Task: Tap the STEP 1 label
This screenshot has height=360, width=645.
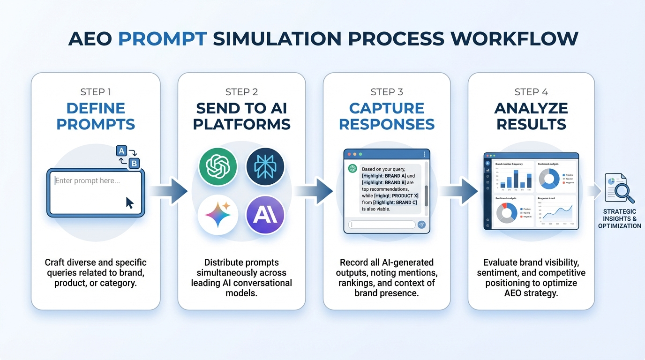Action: pos(96,92)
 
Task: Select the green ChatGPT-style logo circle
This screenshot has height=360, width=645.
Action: pos(218,167)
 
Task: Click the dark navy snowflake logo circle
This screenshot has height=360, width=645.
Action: pos(265,167)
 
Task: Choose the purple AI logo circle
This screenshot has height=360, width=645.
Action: pos(265,215)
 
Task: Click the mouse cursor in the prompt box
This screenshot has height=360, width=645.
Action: pos(130,202)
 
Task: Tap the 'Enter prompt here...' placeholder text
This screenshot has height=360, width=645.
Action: pos(88,180)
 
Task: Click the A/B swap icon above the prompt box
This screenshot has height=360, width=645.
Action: pos(127,157)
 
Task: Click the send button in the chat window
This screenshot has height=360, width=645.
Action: pos(421,225)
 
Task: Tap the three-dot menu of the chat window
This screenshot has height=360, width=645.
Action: pos(424,154)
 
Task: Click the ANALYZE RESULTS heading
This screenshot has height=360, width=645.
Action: pos(531,116)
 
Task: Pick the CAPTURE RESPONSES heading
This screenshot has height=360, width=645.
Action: pos(387,116)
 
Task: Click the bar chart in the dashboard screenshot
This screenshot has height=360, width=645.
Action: pos(514,178)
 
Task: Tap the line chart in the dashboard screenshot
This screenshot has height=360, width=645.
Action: pos(556,211)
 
